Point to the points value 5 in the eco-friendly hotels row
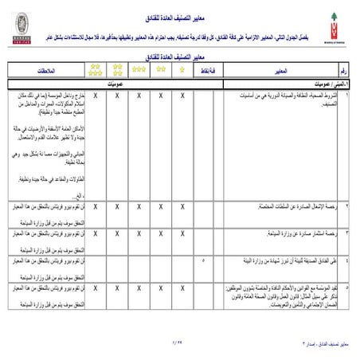tap(204, 260)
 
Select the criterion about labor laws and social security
tap(287, 292)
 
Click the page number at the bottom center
tap(176, 340)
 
